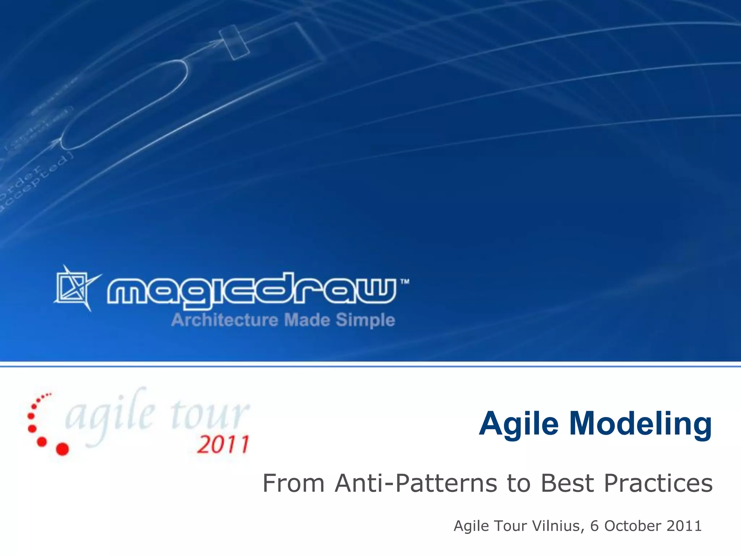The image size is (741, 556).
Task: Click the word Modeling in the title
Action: (x=640, y=424)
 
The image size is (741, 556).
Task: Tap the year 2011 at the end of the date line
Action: (x=684, y=526)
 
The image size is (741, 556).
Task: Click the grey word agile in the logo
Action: (x=110, y=416)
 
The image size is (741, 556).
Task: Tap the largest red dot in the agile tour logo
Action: (x=62, y=449)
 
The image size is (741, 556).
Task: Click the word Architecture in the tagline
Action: (x=225, y=320)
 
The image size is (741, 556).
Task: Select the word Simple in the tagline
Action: (x=365, y=320)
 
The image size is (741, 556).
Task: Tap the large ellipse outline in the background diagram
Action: (x=125, y=105)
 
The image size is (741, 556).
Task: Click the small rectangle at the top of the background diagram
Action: (x=234, y=42)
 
